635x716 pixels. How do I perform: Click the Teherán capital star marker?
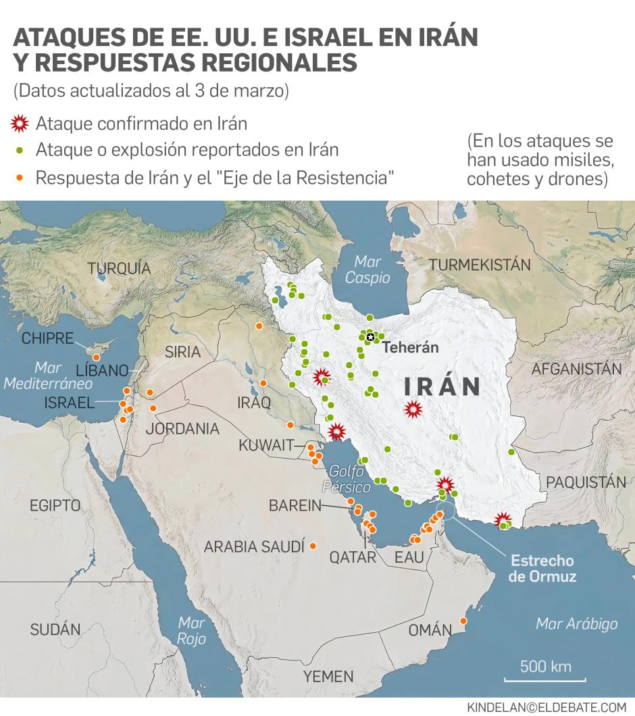(x=370, y=337)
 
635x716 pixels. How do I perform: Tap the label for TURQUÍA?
(x=119, y=268)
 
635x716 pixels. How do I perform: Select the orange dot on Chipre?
(x=97, y=357)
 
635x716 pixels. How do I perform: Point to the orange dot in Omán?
(x=463, y=621)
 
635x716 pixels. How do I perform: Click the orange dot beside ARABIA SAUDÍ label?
(x=312, y=545)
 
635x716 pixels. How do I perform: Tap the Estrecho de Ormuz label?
(x=542, y=569)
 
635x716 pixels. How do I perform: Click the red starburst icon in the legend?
(x=21, y=124)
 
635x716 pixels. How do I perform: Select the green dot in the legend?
(x=21, y=149)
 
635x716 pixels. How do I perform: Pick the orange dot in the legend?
(x=21, y=178)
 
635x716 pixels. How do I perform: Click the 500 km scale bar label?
(x=545, y=667)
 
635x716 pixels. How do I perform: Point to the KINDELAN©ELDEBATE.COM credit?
(x=547, y=707)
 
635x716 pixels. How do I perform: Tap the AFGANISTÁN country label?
(x=576, y=369)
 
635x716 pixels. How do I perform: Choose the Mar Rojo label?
(x=191, y=630)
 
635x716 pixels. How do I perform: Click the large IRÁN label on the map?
(x=442, y=386)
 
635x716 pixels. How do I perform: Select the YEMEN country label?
(x=328, y=676)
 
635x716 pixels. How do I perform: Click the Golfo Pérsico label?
(x=346, y=479)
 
